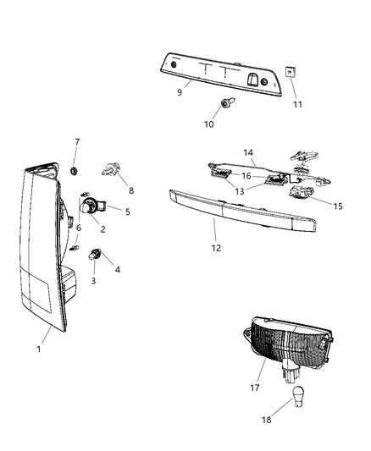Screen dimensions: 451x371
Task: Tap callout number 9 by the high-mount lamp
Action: coord(180,93)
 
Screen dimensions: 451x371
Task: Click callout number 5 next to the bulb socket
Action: coord(127,212)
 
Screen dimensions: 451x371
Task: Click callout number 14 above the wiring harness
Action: coord(248,152)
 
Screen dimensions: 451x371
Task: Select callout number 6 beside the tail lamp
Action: coord(78,228)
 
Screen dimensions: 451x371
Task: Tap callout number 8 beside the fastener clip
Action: coord(131,191)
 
